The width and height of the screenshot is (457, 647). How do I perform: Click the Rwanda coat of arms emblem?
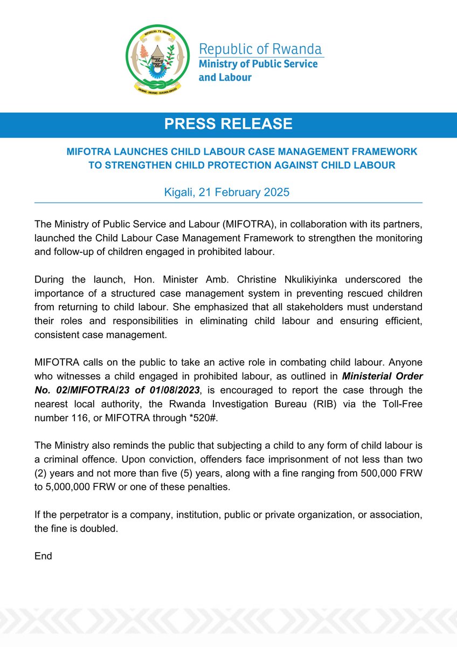pos(157,60)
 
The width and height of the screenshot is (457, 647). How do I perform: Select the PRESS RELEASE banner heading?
pos(228,125)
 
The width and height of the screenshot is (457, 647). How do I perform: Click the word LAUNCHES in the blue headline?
pos(133,153)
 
